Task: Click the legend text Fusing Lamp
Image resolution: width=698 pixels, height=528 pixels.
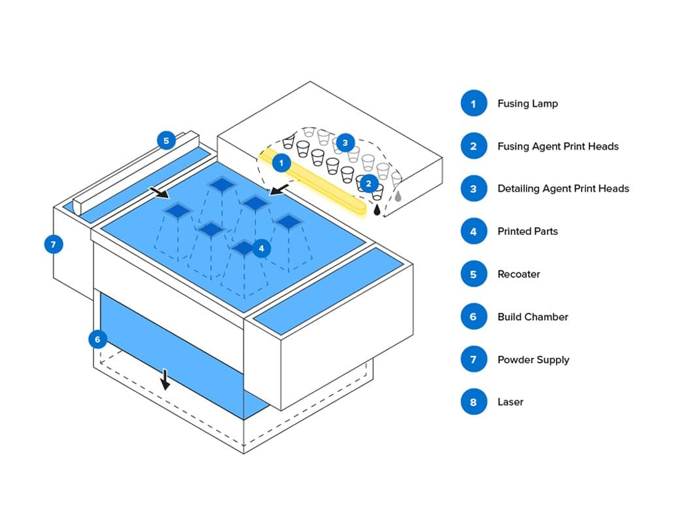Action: (x=527, y=103)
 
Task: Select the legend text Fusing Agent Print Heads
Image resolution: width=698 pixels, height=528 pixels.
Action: (x=557, y=146)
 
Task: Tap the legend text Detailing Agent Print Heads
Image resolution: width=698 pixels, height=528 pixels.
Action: (x=563, y=188)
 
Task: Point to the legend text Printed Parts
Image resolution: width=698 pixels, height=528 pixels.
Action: (x=527, y=231)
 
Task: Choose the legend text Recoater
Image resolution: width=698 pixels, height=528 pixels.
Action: (x=518, y=274)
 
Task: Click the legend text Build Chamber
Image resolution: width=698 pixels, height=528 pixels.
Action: (x=532, y=317)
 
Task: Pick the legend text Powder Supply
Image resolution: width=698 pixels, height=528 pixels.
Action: (x=533, y=360)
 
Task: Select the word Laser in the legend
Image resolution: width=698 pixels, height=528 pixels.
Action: (x=510, y=402)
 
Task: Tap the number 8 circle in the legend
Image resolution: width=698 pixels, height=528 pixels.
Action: (x=474, y=402)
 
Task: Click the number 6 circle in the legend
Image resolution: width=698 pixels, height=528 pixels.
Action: (x=474, y=317)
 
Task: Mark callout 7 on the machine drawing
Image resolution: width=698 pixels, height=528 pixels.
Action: (x=54, y=245)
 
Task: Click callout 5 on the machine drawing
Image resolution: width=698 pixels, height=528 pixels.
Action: (x=166, y=140)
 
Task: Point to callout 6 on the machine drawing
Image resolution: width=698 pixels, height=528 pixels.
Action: (x=97, y=339)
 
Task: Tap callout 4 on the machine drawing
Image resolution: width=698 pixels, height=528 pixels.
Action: (x=261, y=249)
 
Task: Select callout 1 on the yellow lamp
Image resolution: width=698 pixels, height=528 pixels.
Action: (x=281, y=162)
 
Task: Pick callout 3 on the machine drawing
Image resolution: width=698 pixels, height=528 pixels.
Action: (x=345, y=142)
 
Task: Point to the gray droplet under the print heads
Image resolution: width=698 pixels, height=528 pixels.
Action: (x=398, y=196)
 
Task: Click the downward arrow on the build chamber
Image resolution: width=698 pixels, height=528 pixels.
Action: (x=166, y=379)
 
